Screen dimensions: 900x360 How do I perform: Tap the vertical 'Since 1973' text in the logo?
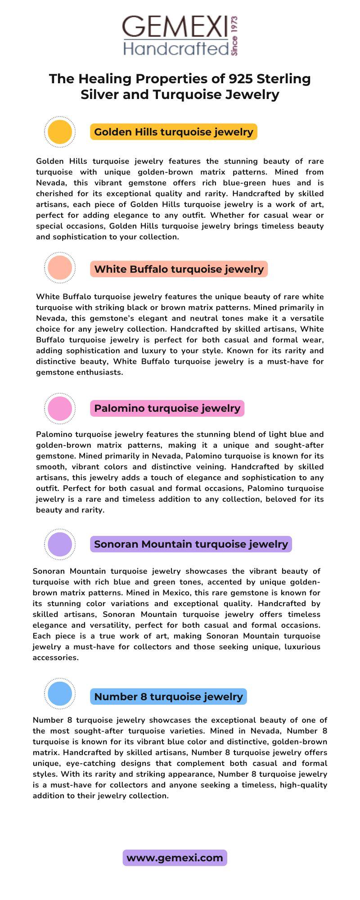point(234,36)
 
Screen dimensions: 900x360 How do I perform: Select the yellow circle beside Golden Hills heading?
point(59,132)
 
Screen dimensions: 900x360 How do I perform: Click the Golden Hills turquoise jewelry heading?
point(174,132)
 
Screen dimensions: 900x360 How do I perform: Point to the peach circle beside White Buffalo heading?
point(59,268)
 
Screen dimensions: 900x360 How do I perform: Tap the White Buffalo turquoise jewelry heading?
point(179,269)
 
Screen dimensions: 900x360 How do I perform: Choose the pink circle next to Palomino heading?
point(59,409)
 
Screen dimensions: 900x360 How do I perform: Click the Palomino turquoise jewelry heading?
point(167,408)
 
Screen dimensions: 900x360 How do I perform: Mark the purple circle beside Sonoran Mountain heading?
point(59,544)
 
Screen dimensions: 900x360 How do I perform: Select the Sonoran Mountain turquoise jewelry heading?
point(191,544)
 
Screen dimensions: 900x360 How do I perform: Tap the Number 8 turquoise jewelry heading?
point(168,697)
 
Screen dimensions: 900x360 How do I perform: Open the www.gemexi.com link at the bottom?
point(175,858)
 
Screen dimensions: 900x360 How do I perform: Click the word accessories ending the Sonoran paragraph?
point(55,657)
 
